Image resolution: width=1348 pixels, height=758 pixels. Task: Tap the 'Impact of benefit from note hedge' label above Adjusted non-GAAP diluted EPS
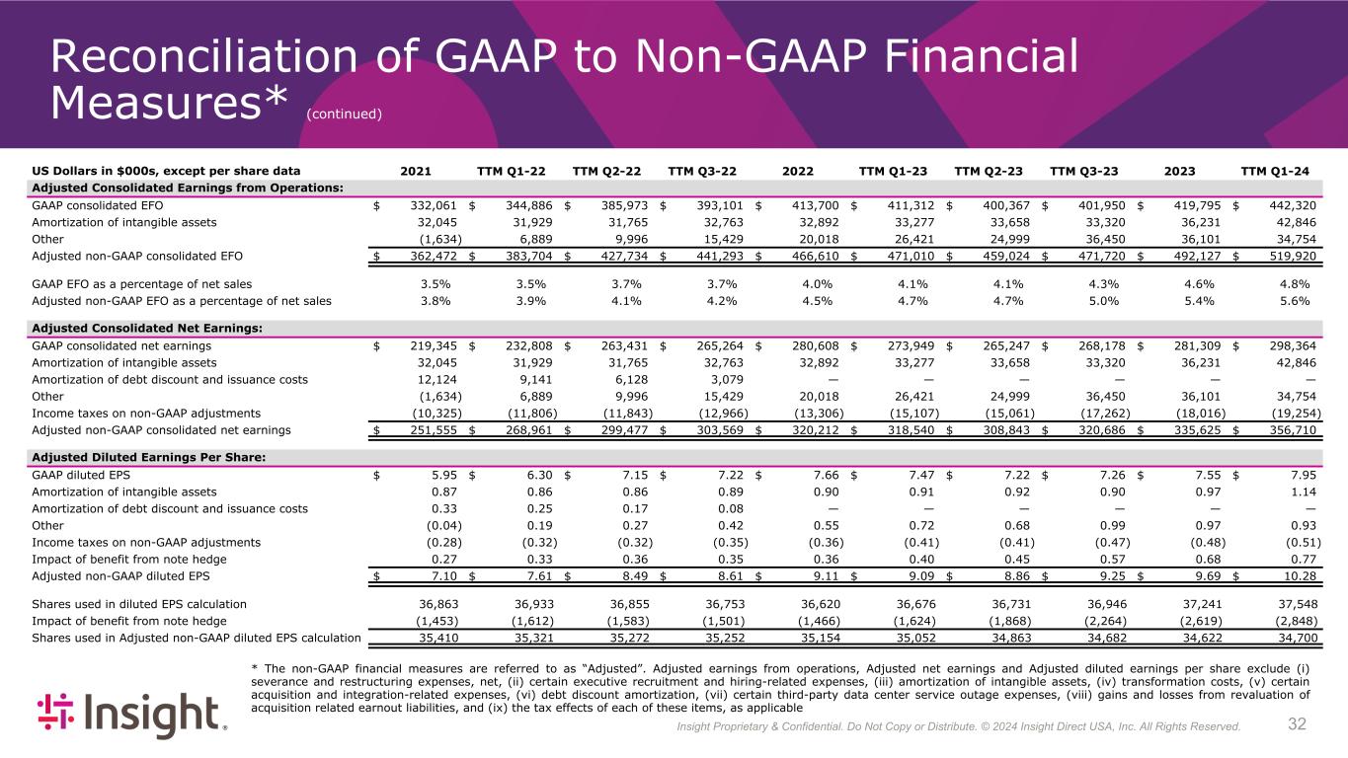point(129,558)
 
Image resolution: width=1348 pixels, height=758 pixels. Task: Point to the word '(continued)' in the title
point(344,114)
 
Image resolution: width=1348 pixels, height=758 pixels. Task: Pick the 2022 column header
point(797,171)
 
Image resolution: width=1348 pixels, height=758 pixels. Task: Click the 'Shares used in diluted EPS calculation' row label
point(139,604)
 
